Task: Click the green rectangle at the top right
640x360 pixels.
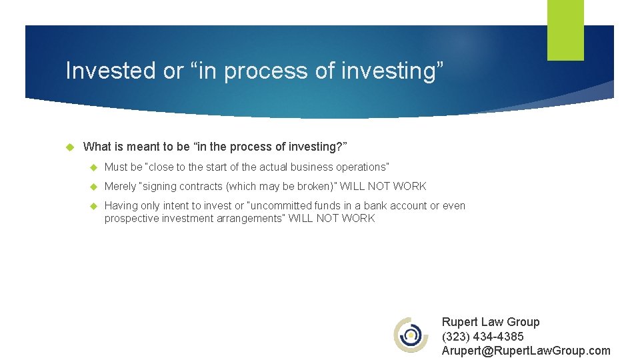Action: pos(565,30)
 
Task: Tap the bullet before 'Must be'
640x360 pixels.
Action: pos(93,167)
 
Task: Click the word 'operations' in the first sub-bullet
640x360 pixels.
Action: pos(361,167)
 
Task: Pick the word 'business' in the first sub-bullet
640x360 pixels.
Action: pos(311,167)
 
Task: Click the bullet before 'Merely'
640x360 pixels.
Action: pos(93,187)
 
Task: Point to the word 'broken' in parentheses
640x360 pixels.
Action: pos(316,187)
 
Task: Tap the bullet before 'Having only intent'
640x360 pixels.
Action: pos(93,206)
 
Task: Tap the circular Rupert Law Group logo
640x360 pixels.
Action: pos(411,335)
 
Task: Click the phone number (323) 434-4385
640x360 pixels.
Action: pos(483,337)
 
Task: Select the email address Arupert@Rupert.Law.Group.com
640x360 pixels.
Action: pos(525,351)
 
